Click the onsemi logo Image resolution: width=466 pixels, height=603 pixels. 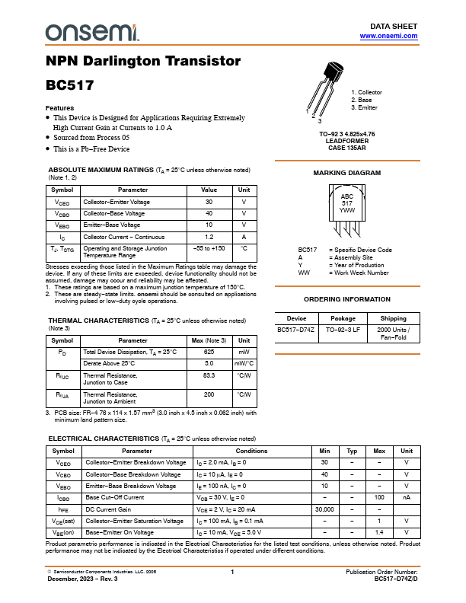[92, 31]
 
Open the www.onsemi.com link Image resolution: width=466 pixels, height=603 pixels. [388, 36]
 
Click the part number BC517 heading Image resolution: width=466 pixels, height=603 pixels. [69, 87]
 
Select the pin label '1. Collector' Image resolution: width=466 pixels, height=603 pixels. [366, 92]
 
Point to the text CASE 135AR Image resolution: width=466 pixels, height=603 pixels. [346, 147]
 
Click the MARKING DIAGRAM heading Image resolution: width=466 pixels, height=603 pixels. [346, 174]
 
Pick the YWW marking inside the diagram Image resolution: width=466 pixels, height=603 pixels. [346, 210]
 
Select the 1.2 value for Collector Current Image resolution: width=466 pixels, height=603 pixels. [209, 237]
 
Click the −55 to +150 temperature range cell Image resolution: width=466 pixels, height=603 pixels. [209, 248]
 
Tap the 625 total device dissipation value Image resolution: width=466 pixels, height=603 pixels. [209, 352]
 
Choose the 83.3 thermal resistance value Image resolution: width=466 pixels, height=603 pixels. [209, 375]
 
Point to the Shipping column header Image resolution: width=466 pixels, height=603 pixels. [393, 318]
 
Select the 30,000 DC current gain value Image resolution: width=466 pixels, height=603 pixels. [324, 509]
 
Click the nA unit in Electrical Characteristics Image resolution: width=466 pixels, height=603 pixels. [407, 497]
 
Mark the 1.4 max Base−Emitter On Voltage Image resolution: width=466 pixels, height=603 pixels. [378, 532]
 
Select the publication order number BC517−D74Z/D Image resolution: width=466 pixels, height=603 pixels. [396, 579]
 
